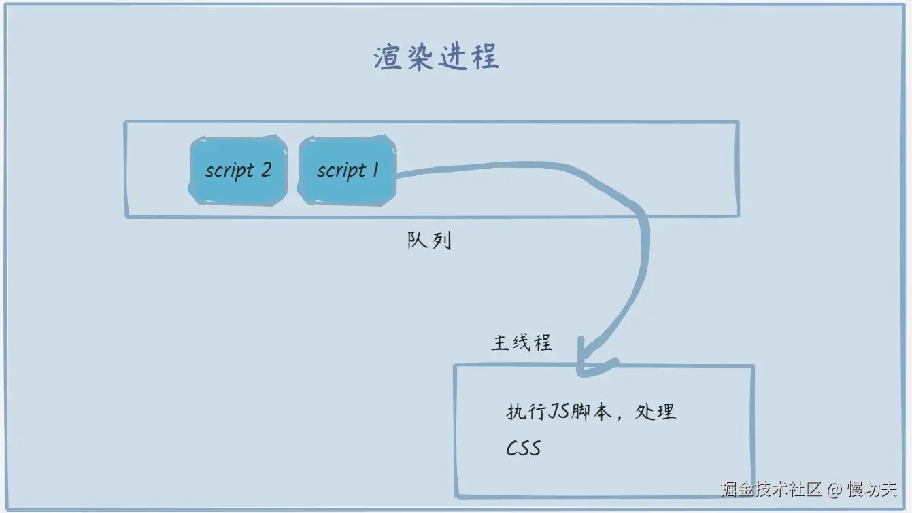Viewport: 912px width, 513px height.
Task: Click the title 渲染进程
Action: [x=437, y=58]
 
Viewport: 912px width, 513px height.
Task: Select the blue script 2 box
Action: [x=238, y=170]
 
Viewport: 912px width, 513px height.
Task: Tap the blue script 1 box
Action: [x=347, y=170]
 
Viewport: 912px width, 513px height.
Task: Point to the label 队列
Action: [x=429, y=241]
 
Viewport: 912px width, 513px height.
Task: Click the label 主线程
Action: [x=521, y=342]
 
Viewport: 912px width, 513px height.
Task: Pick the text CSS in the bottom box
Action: [x=523, y=448]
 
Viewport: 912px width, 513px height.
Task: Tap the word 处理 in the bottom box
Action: [x=655, y=412]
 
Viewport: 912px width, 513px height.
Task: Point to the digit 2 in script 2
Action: [x=265, y=169]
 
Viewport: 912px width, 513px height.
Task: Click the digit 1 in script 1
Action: [x=375, y=169]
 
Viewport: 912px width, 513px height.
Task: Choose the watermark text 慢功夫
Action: [x=873, y=489]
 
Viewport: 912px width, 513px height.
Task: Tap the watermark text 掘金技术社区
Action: [x=772, y=489]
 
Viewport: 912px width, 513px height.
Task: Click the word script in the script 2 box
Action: [x=229, y=171]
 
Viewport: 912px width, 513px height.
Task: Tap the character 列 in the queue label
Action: [x=441, y=241]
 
